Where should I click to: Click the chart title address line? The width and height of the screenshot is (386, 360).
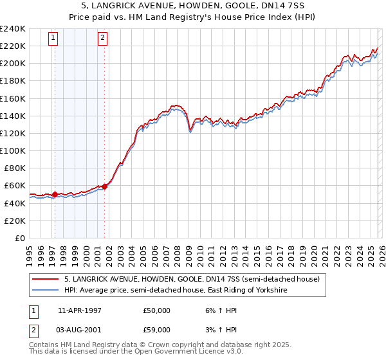tap(193, 6)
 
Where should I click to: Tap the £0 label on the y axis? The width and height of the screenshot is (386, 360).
tap(21, 238)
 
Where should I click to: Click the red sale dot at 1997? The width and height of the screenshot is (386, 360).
tap(55, 194)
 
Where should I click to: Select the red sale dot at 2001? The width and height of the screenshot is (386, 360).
tap(104, 186)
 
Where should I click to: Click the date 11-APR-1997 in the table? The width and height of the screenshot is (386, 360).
tap(80, 310)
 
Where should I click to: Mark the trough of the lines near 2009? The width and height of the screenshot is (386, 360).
tap(190, 131)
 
